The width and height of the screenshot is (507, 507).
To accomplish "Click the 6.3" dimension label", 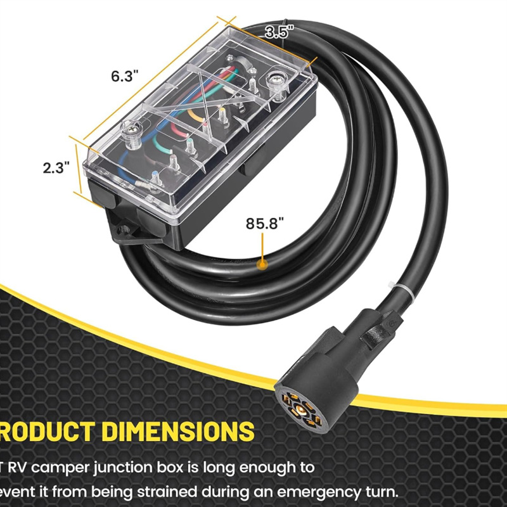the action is click(x=124, y=76).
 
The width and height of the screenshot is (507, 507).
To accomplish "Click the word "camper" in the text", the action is click(x=62, y=468).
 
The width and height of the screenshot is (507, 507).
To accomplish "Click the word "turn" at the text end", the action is click(x=380, y=492).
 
